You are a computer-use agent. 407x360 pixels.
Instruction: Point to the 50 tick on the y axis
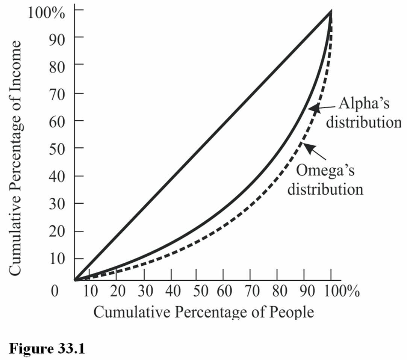(x=57, y=148)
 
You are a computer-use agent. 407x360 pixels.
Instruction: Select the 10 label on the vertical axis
(x=57, y=259)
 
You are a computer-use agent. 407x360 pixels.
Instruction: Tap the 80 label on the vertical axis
(x=57, y=65)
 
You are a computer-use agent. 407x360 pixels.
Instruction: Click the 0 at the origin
(x=55, y=292)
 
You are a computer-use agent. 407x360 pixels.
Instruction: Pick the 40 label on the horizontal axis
(x=171, y=292)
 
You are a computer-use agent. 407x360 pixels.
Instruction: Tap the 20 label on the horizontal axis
(x=117, y=292)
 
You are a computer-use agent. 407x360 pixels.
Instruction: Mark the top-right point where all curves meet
(x=331, y=12)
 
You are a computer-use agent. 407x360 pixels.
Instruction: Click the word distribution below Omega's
(x=325, y=189)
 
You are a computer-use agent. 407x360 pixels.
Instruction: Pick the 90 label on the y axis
(x=57, y=37)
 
